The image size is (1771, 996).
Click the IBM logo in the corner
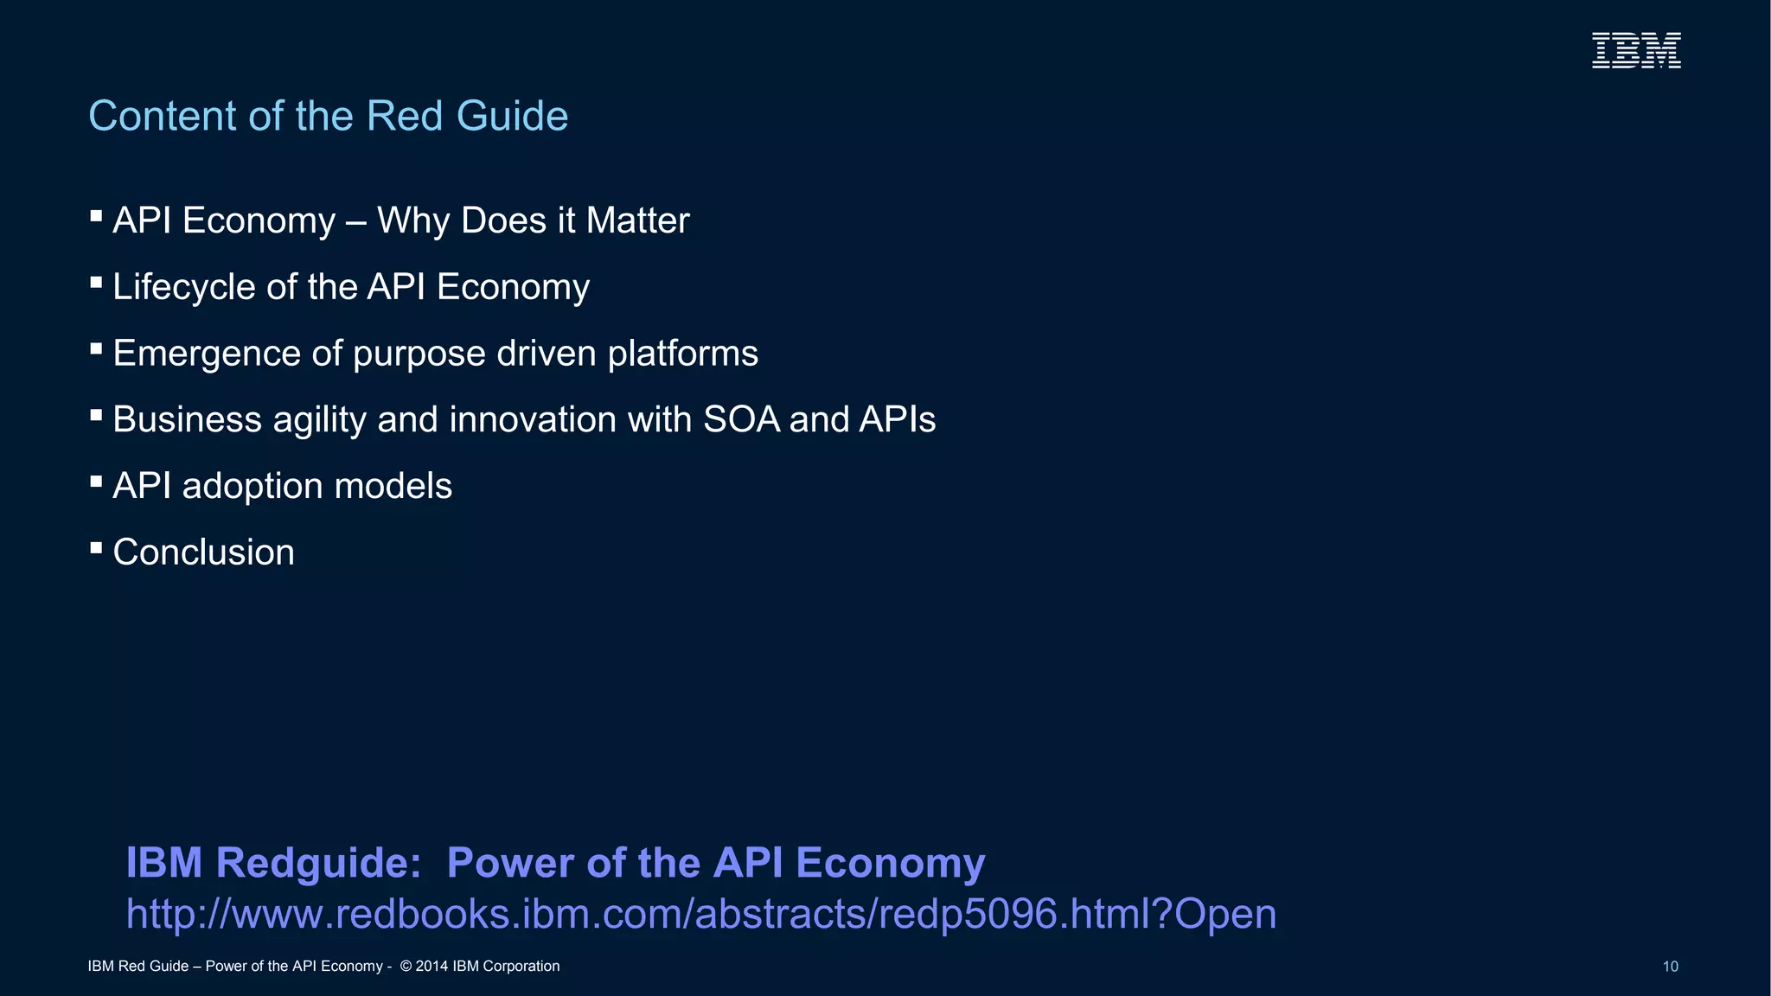(x=1636, y=50)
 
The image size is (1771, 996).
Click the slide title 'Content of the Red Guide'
(x=328, y=116)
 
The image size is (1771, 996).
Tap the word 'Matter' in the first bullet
(x=637, y=220)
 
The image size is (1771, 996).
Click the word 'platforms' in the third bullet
(x=682, y=354)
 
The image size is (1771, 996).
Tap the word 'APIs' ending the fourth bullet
(x=897, y=419)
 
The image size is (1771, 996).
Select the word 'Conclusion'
(x=203, y=552)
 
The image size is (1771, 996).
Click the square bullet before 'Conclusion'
(x=96, y=547)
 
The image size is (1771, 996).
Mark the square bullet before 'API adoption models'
(x=96, y=481)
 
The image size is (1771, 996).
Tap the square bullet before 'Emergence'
(x=96, y=348)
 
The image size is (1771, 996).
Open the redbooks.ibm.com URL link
(x=700, y=914)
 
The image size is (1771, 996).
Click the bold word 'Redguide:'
(x=318, y=863)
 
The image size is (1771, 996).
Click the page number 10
(x=1670, y=967)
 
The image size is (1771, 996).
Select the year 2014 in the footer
(x=432, y=967)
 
